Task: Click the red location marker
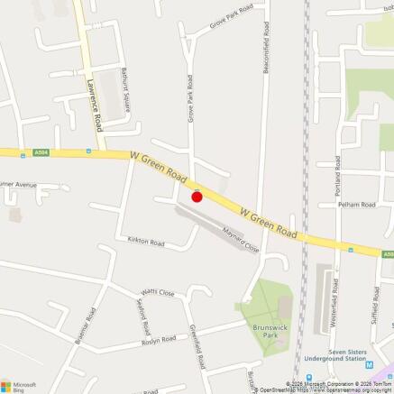click(197, 197)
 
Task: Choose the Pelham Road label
click(356, 205)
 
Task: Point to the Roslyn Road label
click(158, 343)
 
